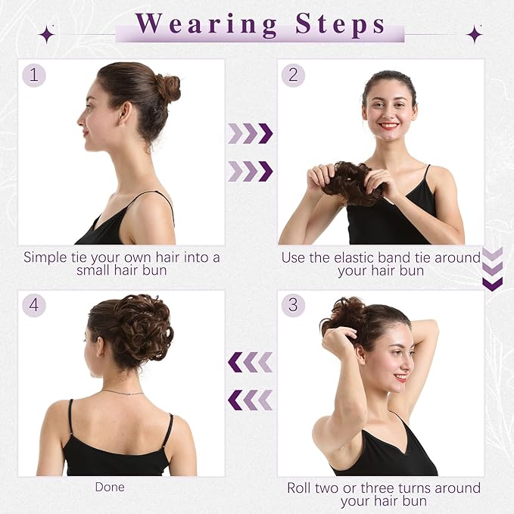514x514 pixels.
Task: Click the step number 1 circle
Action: (x=33, y=75)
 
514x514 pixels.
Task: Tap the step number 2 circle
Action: (x=293, y=75)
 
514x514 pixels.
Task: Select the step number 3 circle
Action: (x=293, y=305)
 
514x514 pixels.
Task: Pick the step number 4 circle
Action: (x=33, y=305)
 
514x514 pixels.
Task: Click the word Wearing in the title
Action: (x=204, y=24)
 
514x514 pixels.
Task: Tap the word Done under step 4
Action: (x=110, y=487)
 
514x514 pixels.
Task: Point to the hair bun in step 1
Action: (x=167, y=88)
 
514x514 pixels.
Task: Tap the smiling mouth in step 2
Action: (x=389, y=126)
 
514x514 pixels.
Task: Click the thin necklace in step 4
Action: (x=123, y=392)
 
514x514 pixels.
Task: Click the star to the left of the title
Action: (x=47, y=33)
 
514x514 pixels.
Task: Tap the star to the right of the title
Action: (x=475, y=33)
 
